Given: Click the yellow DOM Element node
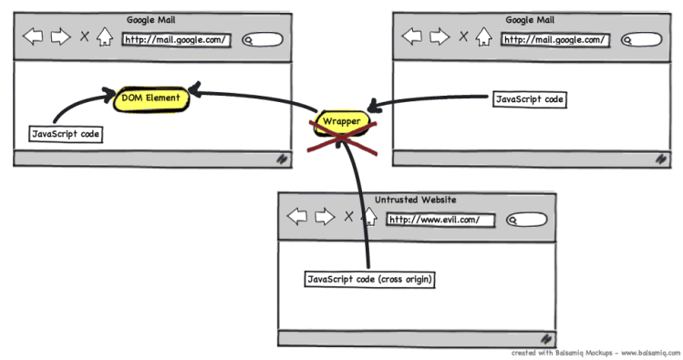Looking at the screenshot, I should coord(150,98).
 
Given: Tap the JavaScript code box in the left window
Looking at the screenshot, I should coord(66,134).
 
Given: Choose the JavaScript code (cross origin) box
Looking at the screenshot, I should coord(369,279).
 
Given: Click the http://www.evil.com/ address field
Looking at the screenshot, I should coord(440,219).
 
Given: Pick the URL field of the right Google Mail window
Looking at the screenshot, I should coord(555,39).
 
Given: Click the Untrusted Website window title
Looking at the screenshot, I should coord(416,200).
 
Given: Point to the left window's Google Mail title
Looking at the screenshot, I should coord(151,19).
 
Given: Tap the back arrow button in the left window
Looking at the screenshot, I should coord(34,37).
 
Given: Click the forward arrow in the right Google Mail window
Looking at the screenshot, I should coord(439,37).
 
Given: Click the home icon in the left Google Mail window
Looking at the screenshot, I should coord(105,37).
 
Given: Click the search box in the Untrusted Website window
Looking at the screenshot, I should coord(525,220).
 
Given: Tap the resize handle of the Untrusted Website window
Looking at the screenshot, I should coord(546,338).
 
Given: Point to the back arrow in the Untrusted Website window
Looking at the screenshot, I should coord(297,217).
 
